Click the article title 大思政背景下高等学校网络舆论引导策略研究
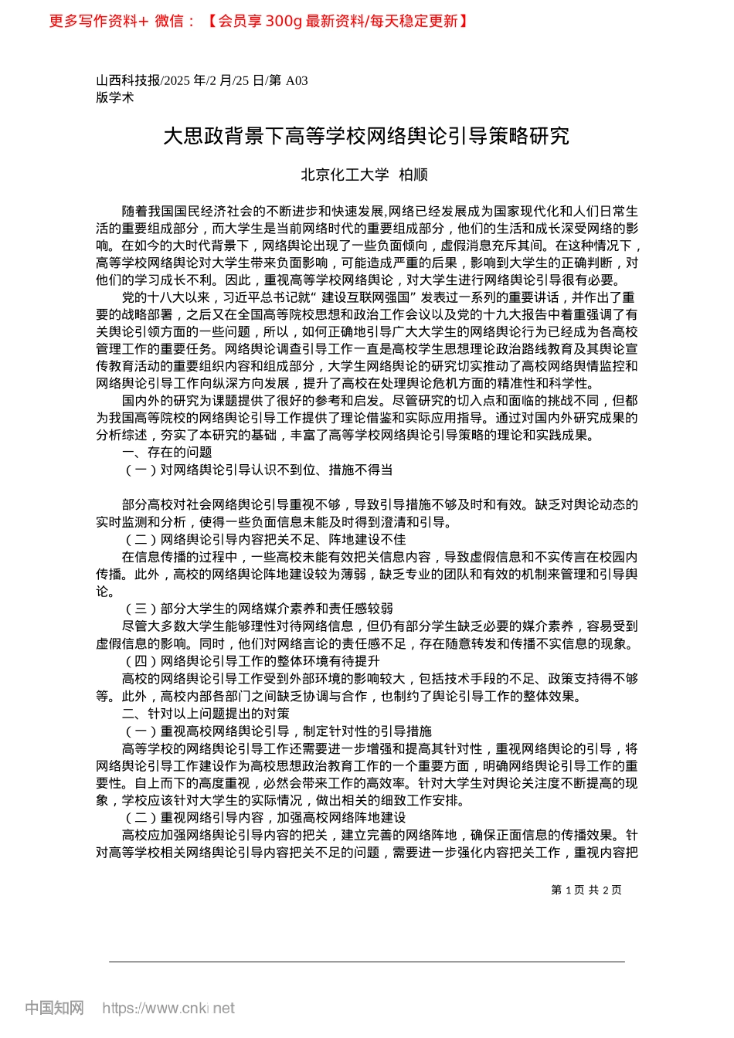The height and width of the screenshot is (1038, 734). pyautogui.click(x=366, y=137)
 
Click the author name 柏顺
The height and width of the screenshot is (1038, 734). pyautogui.click(x=413, y=175)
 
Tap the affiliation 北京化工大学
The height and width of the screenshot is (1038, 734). pyautogui.click(x=345, y=175)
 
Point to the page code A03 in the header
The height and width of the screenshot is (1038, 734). pyautogui.click(x=297, y=80)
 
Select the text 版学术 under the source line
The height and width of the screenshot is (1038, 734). pyautogui.click(x=115, y=97)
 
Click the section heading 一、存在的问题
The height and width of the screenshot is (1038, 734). pyautogui.click(x=167, y=453)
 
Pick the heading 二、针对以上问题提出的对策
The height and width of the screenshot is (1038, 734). pyautogui.click(x=206, y=714)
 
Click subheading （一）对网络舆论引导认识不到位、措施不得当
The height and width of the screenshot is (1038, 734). pyautogui.click(x=257, y=470)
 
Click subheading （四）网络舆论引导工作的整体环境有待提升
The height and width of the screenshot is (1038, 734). pyautogui.click(x=251, y=661)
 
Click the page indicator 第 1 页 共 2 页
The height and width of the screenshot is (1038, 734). pyautogui.click(x=586, y=890)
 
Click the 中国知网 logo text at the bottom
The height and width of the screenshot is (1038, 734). pyautogui.click(x=54, y=1008)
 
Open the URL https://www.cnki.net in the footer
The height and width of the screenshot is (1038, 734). pyautogui.click(x=168, y=1008)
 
